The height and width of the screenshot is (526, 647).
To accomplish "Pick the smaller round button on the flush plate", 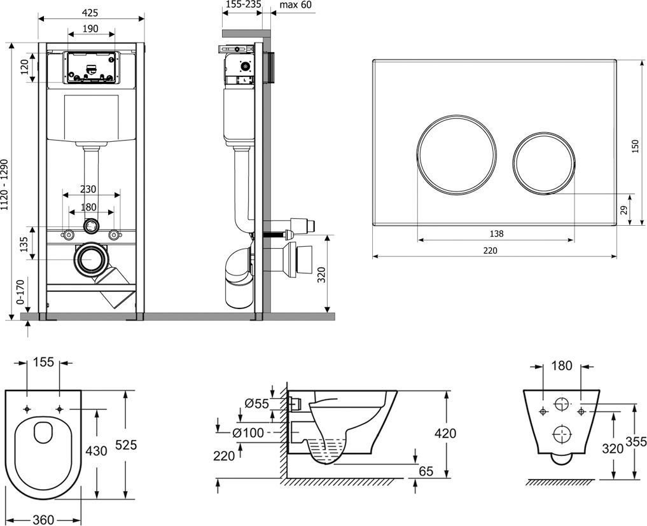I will (543, 162).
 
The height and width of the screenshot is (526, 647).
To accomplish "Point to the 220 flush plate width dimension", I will (490, 250).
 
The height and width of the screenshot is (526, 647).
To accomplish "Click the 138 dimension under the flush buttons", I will (497, 233).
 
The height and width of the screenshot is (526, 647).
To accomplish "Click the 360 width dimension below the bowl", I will (43, 519).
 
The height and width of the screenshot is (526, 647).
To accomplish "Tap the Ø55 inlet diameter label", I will (257, 403).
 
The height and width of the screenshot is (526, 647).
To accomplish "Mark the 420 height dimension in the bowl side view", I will (445, 434).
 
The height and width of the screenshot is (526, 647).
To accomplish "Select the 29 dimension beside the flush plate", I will (624, 209).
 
